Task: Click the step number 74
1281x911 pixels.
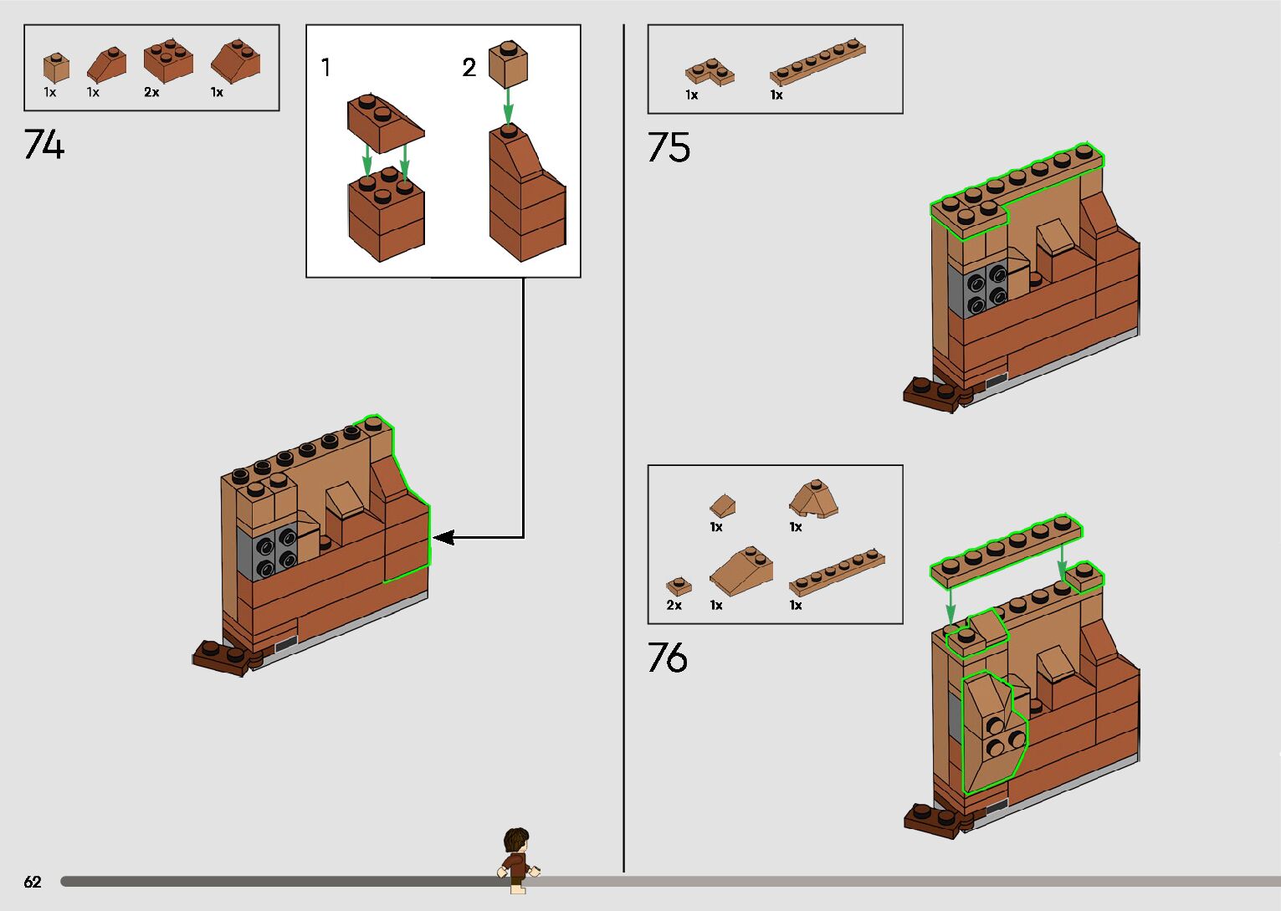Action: coord(44,144)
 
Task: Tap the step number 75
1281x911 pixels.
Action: coord(669,147)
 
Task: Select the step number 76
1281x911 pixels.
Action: coord(668,658)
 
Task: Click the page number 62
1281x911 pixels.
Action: coord(33,882)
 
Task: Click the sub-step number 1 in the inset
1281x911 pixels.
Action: coord(325,67)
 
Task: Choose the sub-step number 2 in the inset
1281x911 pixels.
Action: coord(469,67)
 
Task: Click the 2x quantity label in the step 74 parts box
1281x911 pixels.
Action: coord(151,93)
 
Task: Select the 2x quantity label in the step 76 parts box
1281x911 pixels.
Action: coord(674,605)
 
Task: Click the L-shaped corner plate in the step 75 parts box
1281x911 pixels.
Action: coord(710,72)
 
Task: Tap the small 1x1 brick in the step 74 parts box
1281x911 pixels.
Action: coord(56,67)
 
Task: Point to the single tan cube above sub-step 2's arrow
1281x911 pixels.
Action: coord(507,64)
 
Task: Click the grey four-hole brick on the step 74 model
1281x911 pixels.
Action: coord(267,551)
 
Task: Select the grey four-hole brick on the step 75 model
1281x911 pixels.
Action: coord(978,289)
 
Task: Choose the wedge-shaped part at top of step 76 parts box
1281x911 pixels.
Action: coord(813,499)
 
